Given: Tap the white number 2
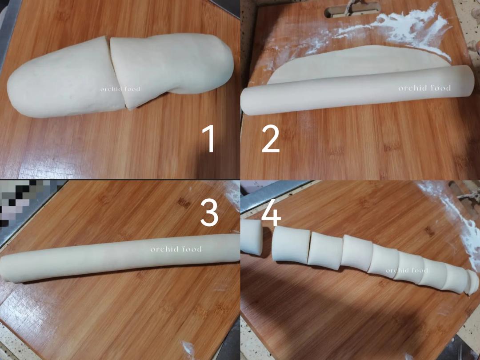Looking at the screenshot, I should (x=271, y=139).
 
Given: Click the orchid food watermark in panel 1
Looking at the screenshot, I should (x=120, y=89).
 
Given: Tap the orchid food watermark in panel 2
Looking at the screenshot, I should (x=424, y=88).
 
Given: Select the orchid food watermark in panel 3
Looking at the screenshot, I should (x=176, y=249).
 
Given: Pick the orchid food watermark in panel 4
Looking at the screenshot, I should (x=407, y=270).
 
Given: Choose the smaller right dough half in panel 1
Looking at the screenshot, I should (x=173, y=67).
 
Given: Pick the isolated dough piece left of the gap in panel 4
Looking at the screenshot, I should (x=251, y=238).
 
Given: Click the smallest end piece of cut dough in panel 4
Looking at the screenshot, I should (x=472, y=282).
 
